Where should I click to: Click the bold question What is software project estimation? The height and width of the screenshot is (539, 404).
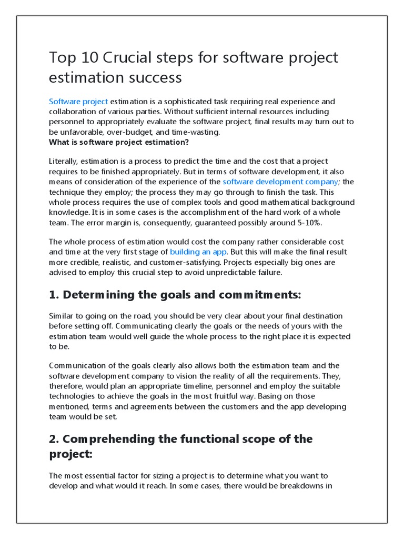coord(119,142)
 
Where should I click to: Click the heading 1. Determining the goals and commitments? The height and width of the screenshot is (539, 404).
coord(175,295)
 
